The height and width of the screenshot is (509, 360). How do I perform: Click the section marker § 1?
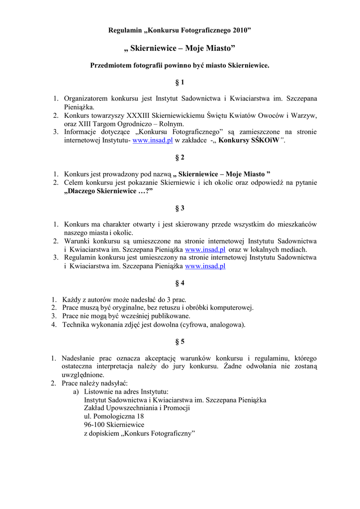pos(180,82)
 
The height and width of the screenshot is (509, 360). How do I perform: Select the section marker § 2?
pos(180,157)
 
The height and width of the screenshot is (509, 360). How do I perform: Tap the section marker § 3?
pos(180,208)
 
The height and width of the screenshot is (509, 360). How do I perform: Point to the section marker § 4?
pos(180,283)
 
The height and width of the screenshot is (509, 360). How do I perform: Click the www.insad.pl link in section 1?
pos(153,141)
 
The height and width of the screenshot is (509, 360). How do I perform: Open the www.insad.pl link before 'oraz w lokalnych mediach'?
pos(205,249)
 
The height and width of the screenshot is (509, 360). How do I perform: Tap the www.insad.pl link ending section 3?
pos(205,266)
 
